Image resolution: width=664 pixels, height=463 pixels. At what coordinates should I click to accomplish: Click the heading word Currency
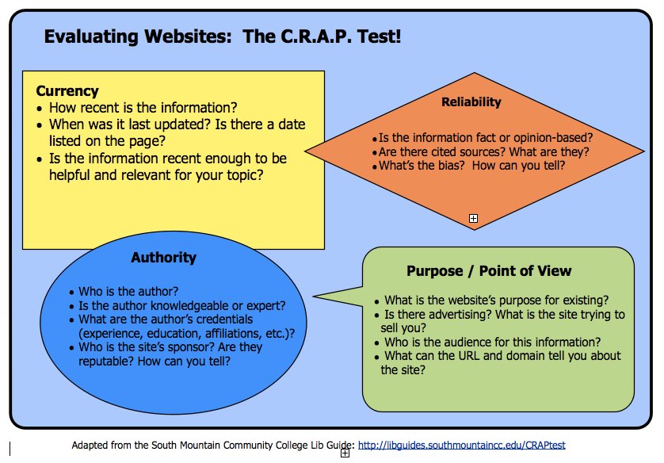(67, 91)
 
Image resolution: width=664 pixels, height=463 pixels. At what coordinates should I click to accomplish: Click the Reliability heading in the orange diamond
(471, 102)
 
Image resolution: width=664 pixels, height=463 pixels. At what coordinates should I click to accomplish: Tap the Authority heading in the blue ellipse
(163, 258)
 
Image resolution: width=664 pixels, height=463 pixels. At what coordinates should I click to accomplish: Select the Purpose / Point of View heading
(488, 271)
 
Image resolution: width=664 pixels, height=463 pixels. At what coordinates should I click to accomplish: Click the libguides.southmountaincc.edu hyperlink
(462, 445)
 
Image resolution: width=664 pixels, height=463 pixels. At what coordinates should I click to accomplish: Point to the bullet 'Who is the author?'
(128, 291)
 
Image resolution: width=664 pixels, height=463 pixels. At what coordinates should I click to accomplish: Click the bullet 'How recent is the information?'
(143, 107)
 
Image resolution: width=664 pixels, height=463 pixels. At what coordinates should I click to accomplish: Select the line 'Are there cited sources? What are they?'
(483, 151)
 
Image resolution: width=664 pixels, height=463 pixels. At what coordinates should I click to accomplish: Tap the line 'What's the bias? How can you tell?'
(473, 166)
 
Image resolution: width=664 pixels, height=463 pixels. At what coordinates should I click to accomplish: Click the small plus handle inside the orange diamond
(473, 218)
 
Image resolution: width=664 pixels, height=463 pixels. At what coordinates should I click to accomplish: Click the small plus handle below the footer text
(345, 454)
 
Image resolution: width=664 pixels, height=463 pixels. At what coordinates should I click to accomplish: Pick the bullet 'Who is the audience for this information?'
(490, 342)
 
